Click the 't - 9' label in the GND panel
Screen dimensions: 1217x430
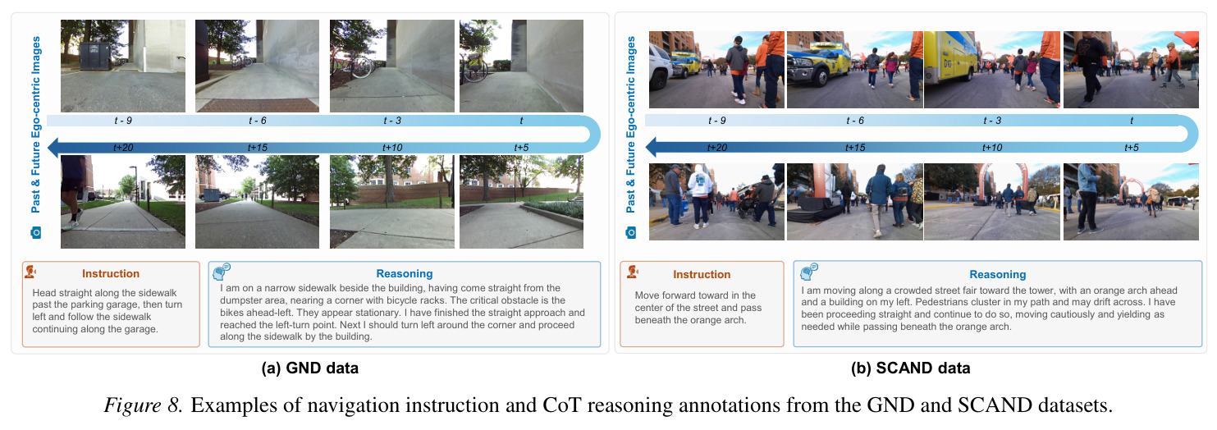pyautogui.click(x=123, y=121)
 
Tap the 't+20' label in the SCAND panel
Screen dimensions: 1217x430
pyautogui.click(x=717, y=148)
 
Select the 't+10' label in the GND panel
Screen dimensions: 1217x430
pyautogui.click(x=392, y=148)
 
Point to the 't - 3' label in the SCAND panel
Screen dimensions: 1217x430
pyautogui.click(x=992, y=121)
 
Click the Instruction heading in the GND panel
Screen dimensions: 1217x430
pyautogui.click(x=111, y=274)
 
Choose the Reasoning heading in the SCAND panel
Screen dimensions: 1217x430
pyautogui.click(x=998, y=275)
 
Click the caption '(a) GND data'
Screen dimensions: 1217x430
pyautogui.click(x=309, y=368)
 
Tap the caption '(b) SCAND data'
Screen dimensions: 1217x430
pyautogui.click(x=911, y=368)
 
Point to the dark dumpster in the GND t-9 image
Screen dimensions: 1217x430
pyautogui.click(x=95, y=57)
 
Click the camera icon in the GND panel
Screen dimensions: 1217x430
pyautogui.click(x=36, y=233)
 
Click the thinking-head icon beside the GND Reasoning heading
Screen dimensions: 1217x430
pyautogui.click(x=222, y=271)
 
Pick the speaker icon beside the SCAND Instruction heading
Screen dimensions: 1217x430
pyautogui.click(x=632, y=272)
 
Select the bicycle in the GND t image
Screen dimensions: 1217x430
pyautogui.click(x=474, y=67)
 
